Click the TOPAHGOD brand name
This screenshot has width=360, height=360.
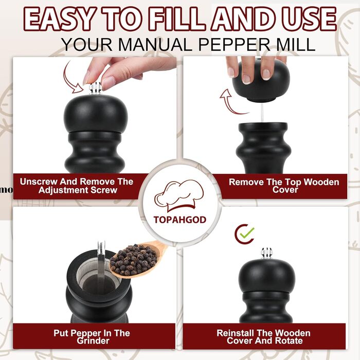(x=180, y=220)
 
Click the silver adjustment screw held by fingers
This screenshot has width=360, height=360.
(x=96, y=88)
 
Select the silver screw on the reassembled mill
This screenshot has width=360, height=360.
(x=266, y=254)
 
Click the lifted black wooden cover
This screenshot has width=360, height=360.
(x=261, y=81)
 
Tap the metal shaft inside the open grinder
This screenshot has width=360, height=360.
(x=101, y=264)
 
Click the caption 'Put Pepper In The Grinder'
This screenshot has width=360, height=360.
(x=92, y=337)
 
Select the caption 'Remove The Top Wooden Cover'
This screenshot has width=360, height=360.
(x=284, y=186)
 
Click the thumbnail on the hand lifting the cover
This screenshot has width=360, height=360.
(x=266, y=74)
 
